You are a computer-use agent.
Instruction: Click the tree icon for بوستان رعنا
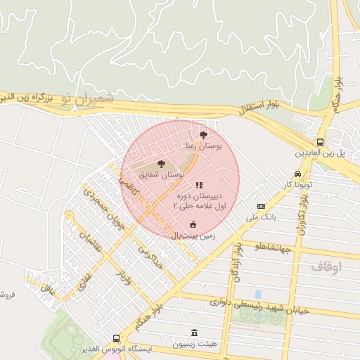tap(204, 134)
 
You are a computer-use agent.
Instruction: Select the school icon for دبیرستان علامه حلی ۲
tap(199, 185)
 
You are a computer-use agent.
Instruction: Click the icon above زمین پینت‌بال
tap(193, 224)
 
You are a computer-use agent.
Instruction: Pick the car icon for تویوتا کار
tap(297, 174)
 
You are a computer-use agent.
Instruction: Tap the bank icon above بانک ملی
tap(261, 207)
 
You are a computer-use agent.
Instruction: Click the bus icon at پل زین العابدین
tap(320, 141)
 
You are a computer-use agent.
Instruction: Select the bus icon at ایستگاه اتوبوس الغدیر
tap(115, 338)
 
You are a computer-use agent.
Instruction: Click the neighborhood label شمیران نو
tap(86, 100)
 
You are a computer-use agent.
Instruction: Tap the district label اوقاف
tap(326, 266)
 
